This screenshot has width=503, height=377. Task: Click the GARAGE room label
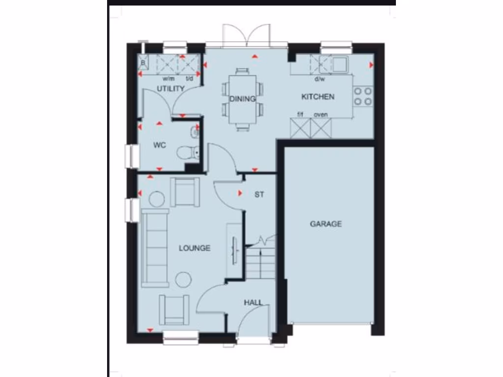pyautogui.click(x=326, y=224)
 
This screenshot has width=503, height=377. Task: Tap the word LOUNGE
pyautogui.click(x=195, y=248)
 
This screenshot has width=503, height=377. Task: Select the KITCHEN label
pyautogui.click(x=318, y=97)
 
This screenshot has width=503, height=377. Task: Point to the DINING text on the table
pyautogui.click(x=243, y=99)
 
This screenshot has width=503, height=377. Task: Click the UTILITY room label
pyautogui.click(x=170, y=89)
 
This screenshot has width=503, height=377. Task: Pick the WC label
pyautogui.click(x=159, y=145)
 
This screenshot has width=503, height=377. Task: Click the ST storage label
pyautogui.click(x=259, y=194)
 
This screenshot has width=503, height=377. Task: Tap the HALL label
pyautogui.click(x=253, y=302)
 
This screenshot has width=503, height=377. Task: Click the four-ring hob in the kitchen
pyautogui.click(x=363, y=96)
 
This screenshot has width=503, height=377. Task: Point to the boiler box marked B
pyautogui.click(x=144, y=63)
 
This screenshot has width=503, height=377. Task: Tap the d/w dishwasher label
pyautogui.click(x=320, y=79)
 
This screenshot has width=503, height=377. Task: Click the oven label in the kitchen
pyautogui.click(x=321, y=115)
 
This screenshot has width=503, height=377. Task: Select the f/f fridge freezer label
pyautogui.click(x=300, y=115)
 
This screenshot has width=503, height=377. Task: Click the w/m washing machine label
pyautogui.click(x=168, y=79)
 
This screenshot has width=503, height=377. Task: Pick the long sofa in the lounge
pyautogui.click(x=155, y=248)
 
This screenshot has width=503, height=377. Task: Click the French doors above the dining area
pyautogui.click(x=240, y=35)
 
